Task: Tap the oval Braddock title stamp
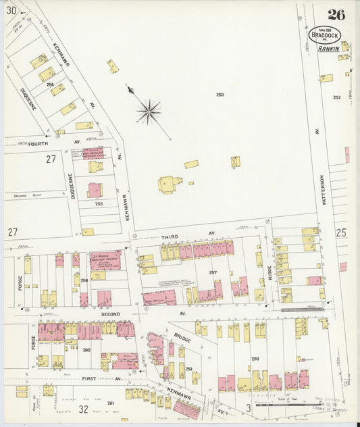tap(325, 34)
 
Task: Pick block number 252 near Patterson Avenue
tap(336, 97)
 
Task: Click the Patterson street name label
tap(322, 192)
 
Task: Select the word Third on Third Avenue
tap(170, 236)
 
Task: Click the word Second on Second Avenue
tap(111, 314)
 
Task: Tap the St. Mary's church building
tap(105, 260)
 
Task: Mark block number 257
tap(213, 272)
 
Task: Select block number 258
tap(255, 359)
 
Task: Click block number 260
tap(86, 350)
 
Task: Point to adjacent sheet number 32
tap(83, 409)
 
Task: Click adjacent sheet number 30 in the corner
tap(11, 9)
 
